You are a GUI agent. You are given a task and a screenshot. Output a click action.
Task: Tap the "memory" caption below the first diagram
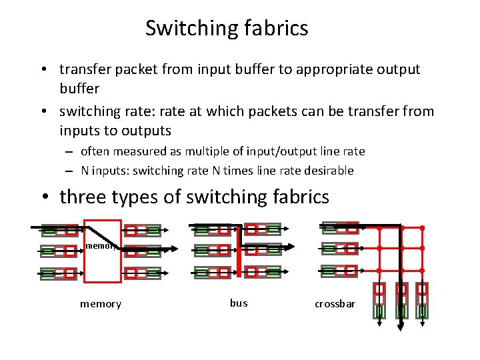tap(101, 304)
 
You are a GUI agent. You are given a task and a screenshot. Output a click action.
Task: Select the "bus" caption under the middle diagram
tap(239, 303)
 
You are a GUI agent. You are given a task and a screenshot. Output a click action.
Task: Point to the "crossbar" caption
tap(335, 304)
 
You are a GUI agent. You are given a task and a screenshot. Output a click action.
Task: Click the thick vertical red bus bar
tap(238, 250)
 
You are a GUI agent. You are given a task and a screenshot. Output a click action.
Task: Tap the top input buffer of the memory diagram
tap(59, 231)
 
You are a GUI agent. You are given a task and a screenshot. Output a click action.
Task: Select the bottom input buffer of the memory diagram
tap(59, 273)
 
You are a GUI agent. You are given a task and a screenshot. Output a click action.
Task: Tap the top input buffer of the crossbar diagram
tap(340, 227)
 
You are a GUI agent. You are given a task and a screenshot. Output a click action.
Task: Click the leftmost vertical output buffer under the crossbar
tap(379, 300)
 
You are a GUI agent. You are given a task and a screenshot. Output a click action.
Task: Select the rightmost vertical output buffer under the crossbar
tap(422, 300)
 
